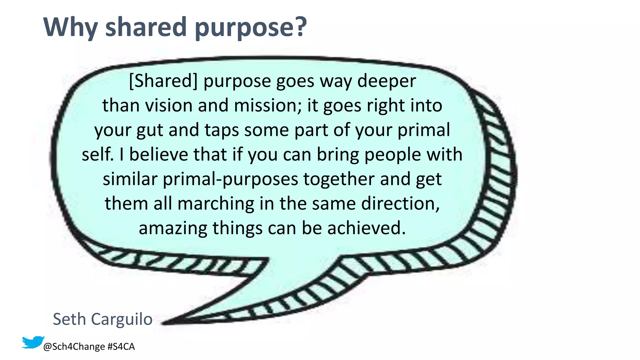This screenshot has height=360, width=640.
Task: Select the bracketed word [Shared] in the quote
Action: pos(163,81)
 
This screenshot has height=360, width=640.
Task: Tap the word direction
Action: pos(400,204)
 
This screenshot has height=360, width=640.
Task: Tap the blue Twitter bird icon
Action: pos(32,342)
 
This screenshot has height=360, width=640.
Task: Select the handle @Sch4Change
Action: pos(74,347)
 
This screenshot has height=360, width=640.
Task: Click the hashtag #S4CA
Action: pos(121,347)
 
